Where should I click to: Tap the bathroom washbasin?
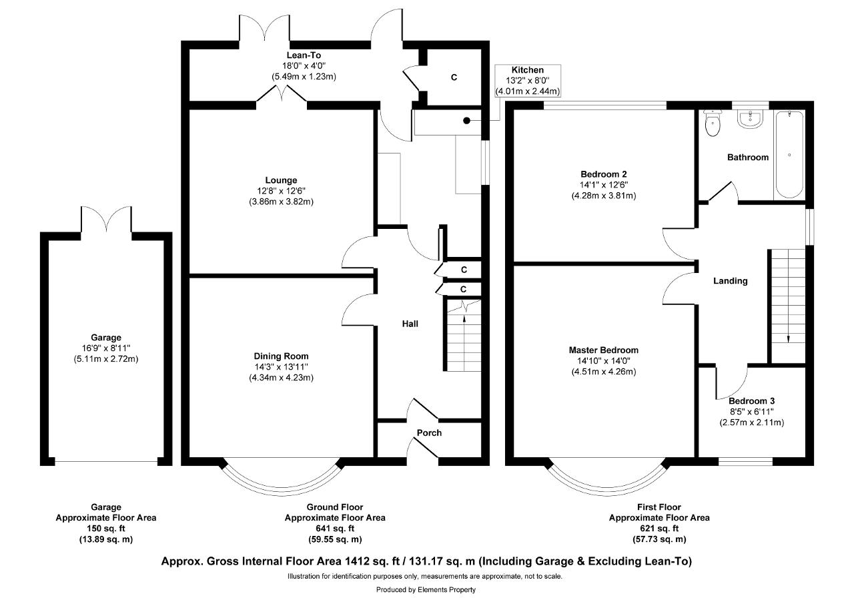click(750, 118)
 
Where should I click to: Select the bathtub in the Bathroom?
click(789, 154)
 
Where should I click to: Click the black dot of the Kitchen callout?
click(466, 121)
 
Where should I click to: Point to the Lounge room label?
click(281, 180)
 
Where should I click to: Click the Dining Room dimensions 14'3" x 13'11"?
click(282, 367)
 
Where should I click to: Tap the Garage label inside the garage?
click(106, 338)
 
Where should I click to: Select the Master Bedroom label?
click(604, 350)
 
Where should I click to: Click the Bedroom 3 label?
click(751, 400)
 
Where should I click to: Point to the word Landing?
click(731, 281)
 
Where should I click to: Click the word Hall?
click(410, 324)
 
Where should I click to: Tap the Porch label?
click(429, 432)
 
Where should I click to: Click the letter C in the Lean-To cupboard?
click(454, 77)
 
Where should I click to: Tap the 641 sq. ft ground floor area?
click(335, 529)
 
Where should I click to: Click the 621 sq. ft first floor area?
click(659, 529)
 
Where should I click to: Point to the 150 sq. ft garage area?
click(106, 529)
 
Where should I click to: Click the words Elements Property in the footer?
click(447, 590)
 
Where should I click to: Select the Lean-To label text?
click(304, 55)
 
